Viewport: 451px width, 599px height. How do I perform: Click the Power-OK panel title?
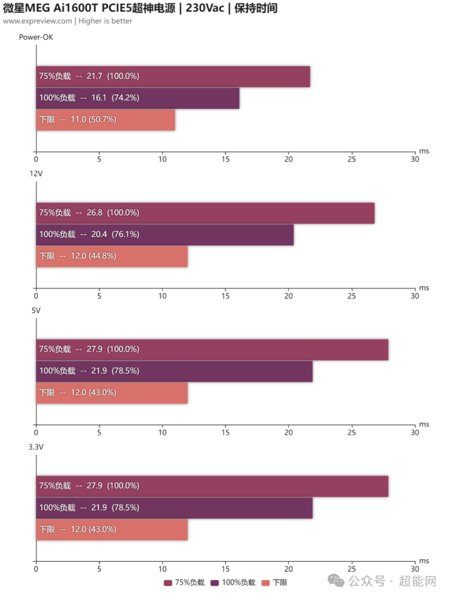36,37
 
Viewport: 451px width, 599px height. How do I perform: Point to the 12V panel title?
36,173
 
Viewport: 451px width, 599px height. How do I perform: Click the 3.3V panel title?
36,447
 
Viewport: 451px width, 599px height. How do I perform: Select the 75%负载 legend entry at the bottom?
184,583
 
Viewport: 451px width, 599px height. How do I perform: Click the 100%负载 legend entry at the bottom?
233,583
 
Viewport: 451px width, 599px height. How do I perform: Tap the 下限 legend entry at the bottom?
274,583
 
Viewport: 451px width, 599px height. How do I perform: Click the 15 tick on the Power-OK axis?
225,159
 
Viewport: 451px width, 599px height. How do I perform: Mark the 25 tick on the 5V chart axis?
351,432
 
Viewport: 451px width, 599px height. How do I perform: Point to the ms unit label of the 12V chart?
424,288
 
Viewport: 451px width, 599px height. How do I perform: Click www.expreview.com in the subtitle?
38,21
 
